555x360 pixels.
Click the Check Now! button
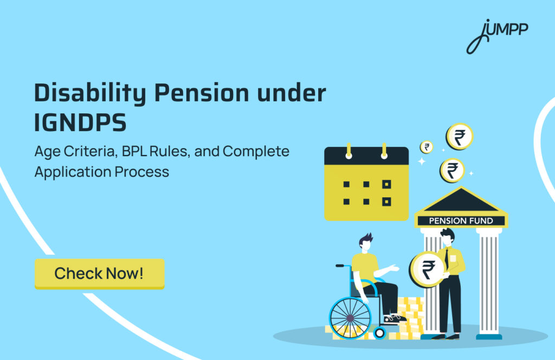tap(99, 273)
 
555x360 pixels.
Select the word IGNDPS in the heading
tap(80, 124)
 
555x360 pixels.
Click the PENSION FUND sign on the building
tap(461, 221)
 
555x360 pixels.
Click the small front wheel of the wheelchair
tap(379, 332)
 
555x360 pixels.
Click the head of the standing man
tap(447, 236)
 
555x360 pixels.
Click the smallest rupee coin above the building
tap(427, 147)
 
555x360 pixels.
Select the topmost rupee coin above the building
tap(459, 136)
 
